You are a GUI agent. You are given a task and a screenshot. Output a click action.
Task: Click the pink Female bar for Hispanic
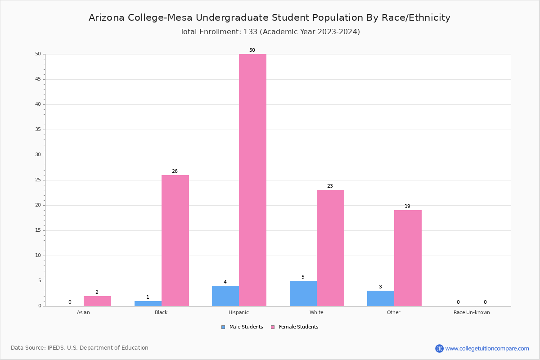[252, 180]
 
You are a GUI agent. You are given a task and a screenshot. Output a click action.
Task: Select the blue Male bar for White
[303, 293]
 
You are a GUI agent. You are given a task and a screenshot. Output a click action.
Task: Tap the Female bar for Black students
[175, 240]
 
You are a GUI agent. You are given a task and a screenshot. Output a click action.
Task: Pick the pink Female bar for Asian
[97, 301]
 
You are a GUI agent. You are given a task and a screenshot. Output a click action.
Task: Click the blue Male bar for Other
[380, 298]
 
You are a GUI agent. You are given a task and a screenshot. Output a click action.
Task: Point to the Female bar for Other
[408, 258]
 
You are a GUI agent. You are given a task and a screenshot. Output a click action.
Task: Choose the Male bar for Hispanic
[225, 296]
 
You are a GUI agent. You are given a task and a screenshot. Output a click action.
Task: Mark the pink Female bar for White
[330, 248]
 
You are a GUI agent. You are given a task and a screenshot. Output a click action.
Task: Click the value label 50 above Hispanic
[252, 50]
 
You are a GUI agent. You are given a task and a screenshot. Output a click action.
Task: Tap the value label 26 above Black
[175, 171]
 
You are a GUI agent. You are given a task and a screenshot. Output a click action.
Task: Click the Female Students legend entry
[295, 327]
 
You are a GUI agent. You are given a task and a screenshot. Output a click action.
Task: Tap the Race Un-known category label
[472, 312]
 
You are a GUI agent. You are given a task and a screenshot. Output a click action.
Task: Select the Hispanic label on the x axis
[238, 312]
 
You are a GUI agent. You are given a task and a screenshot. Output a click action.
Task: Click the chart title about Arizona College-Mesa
[270, 18]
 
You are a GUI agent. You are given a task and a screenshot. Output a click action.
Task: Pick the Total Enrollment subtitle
[270, 31]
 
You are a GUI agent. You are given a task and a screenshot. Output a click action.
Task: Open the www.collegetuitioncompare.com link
[487, 348]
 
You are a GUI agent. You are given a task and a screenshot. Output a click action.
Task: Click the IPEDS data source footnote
[80, 348]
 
